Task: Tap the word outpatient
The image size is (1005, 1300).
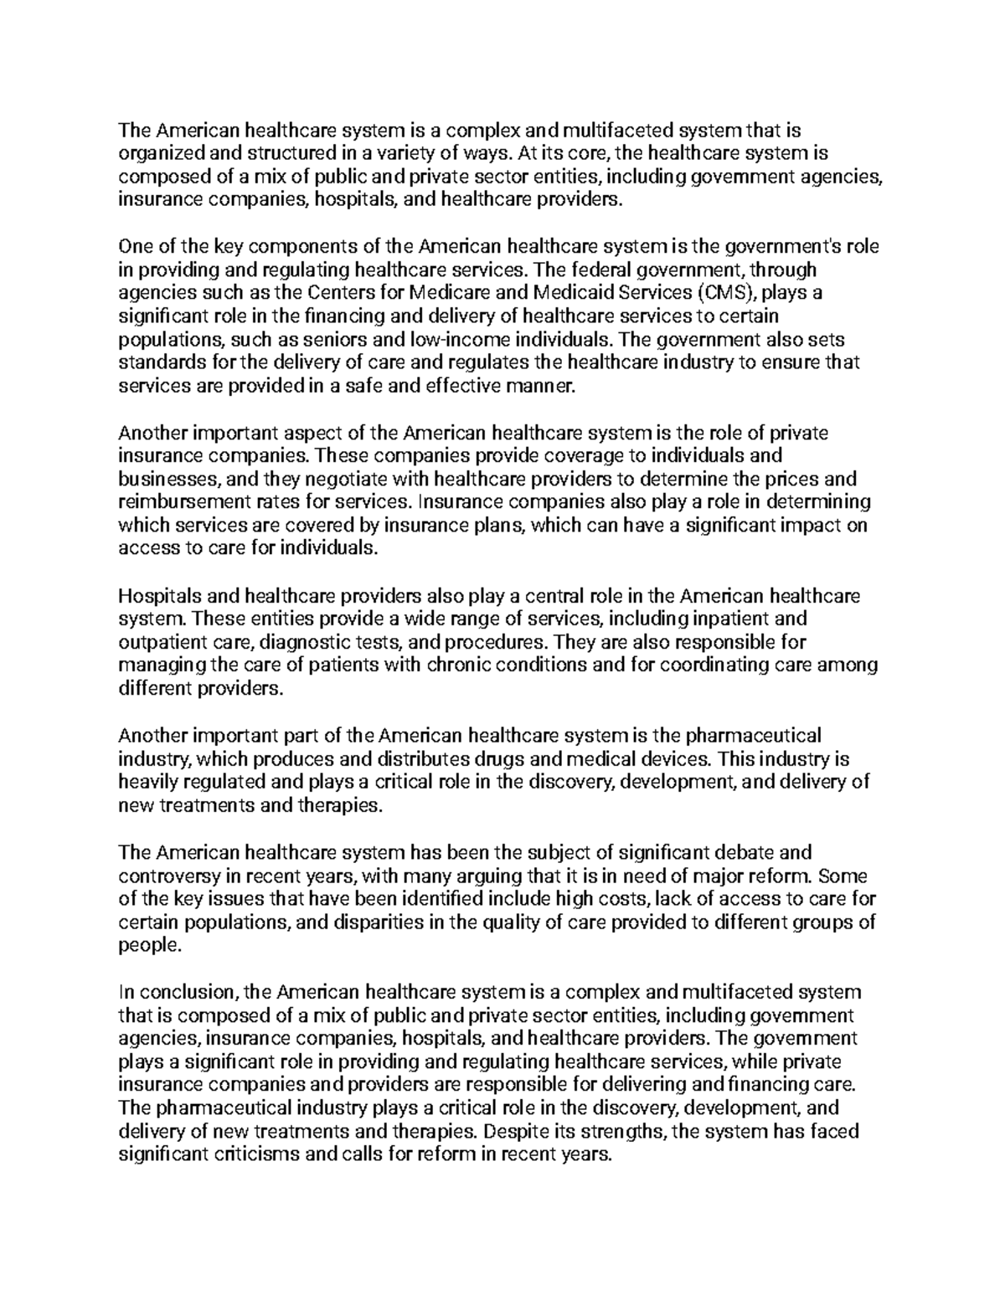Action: (162, 643)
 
